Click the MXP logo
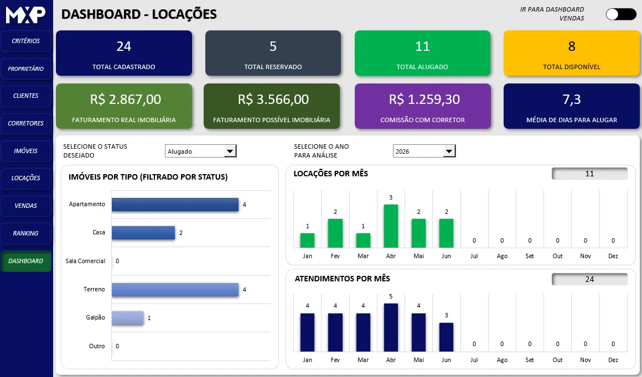[x=25, y=15]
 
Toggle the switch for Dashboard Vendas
[x=621, y=14]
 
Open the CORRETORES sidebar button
[x=26, y=123]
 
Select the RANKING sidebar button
[x=26, y=233]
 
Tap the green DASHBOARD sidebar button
[x=26, y=261]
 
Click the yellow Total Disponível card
[x=572, y=53]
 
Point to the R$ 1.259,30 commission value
[x=424, y=100]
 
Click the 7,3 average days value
[x=572, y=100]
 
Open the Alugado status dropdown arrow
[x=230, y=151]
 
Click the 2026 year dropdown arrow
[x=449, y=151]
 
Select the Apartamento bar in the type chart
[x=175, y=205]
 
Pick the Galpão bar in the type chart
[x=128, y=318]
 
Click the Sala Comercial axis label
[x=85, y=261]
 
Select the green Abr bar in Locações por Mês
[x=391, y=226]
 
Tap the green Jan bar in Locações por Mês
[x=308, y=240]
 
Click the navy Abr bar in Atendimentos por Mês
[x=391, y=327]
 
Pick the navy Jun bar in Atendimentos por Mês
[x=446, y=337]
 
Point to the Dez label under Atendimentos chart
[x=613, y=360]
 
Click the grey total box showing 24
[x=589, y=279]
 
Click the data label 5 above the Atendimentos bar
[x=391, y=296]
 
